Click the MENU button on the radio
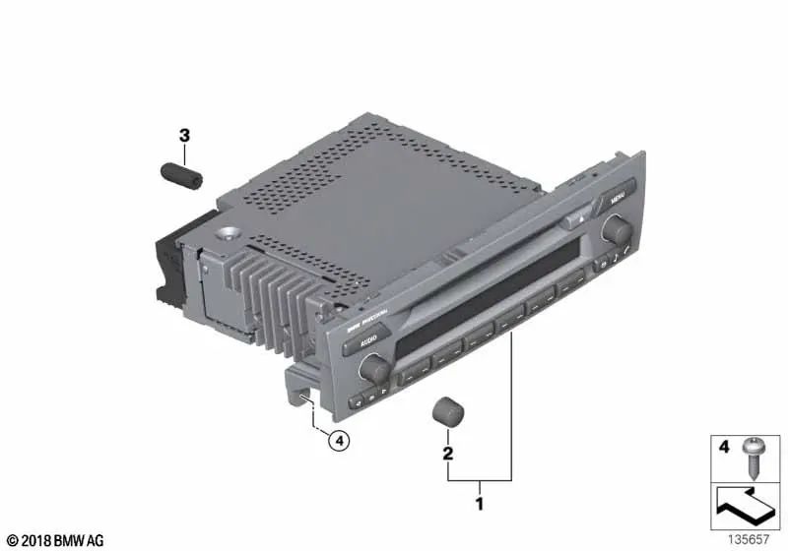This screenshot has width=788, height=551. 618,196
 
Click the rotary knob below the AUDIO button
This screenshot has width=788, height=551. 373,369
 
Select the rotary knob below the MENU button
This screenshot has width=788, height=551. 617,230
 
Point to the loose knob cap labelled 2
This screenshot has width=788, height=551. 448,413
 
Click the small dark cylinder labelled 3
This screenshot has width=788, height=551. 181,177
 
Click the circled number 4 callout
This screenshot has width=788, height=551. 338,442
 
